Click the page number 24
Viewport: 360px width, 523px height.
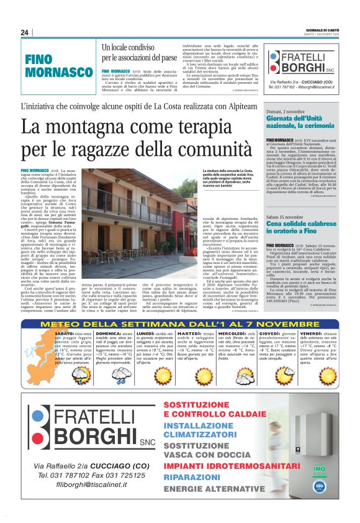(25, 33)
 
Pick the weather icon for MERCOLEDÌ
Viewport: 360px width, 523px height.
(246, 375)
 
